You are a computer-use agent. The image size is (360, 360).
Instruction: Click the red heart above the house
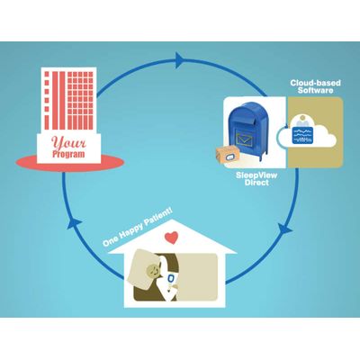click(x=172, y=238)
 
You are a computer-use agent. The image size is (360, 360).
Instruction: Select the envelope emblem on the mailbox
click(x=246, y=139)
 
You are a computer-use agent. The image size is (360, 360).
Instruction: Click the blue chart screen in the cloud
click(x=303, y=135)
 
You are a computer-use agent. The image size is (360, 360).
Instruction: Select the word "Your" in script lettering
click(x=68, y=142)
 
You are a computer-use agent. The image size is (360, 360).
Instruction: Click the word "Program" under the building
click(x=68, y=154)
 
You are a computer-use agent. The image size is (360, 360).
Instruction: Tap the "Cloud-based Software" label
click(x=315, y=86)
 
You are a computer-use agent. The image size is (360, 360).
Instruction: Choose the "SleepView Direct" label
click(x=256, y=178)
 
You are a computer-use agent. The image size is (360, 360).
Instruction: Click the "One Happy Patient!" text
click(x=138, y=228)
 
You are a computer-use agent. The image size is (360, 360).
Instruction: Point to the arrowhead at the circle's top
click(x=180, y=60)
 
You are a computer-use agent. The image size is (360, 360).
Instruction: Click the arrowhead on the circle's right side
click(x=285, y=229)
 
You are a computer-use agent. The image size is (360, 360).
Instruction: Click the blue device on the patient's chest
click(x=170, y=278)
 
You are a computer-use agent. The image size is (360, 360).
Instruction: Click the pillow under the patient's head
click(x=141, y=269)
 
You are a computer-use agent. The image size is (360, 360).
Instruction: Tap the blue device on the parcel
click(x=230, y=157)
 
